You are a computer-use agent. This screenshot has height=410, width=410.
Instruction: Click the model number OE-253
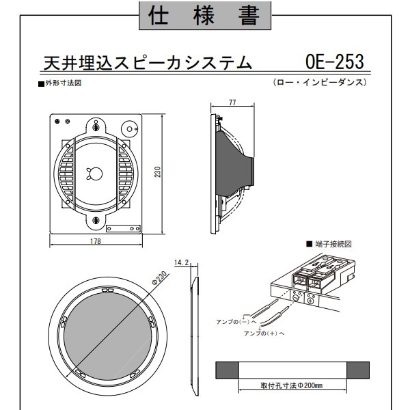point(334,61)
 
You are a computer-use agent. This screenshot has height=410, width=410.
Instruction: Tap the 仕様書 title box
point(205,16)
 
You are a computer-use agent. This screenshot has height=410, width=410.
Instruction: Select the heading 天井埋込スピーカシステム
point(148,63)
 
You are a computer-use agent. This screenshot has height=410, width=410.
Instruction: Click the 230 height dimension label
point(157,172)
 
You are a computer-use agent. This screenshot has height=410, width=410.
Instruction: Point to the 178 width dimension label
point(96,241)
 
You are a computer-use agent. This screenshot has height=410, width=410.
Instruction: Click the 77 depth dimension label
point(232,102)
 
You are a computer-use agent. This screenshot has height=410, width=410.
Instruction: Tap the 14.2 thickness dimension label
point(181,262)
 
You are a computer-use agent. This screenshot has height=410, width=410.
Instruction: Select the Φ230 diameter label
point(159,278)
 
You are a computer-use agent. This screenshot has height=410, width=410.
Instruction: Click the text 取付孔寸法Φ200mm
point(292,385)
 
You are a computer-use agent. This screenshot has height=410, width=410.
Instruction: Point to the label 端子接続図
point(333,244)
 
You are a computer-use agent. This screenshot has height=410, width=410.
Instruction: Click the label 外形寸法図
point(64,83)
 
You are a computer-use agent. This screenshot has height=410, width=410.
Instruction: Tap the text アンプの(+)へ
point(264,333)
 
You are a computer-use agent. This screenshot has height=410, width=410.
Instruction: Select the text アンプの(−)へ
point(236,322)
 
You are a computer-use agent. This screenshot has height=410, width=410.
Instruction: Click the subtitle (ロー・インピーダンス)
point(320,83)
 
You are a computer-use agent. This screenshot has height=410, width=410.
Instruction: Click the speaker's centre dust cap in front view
point(96,174)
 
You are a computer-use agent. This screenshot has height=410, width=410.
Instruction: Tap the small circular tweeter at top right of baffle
point(129,129)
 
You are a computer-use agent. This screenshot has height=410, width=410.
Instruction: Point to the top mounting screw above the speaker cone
point(96,127)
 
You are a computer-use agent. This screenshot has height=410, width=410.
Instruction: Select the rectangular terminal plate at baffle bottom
point(123,228)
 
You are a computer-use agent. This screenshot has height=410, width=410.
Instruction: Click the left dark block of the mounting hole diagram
point(227,370)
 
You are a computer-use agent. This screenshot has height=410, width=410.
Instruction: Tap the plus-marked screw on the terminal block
point(311,301)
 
